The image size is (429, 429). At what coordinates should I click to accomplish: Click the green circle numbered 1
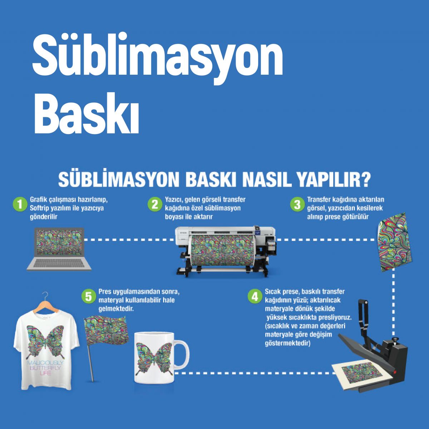click(20, 204)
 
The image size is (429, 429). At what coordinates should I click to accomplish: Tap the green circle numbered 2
click(154, 204)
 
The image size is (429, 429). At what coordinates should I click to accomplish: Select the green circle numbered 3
click(297, 204)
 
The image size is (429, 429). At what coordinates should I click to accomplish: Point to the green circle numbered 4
click(255, 296)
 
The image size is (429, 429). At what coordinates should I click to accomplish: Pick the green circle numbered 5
click(88, 296)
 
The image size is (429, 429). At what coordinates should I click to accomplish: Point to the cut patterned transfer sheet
click(394, 242)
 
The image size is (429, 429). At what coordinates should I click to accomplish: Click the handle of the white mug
click(182, 354)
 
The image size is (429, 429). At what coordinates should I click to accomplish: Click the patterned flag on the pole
click(107, 331)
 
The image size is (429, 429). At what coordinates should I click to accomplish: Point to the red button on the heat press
click(394, 372)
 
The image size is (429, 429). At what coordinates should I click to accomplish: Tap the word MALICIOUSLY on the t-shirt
click(45, 363)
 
